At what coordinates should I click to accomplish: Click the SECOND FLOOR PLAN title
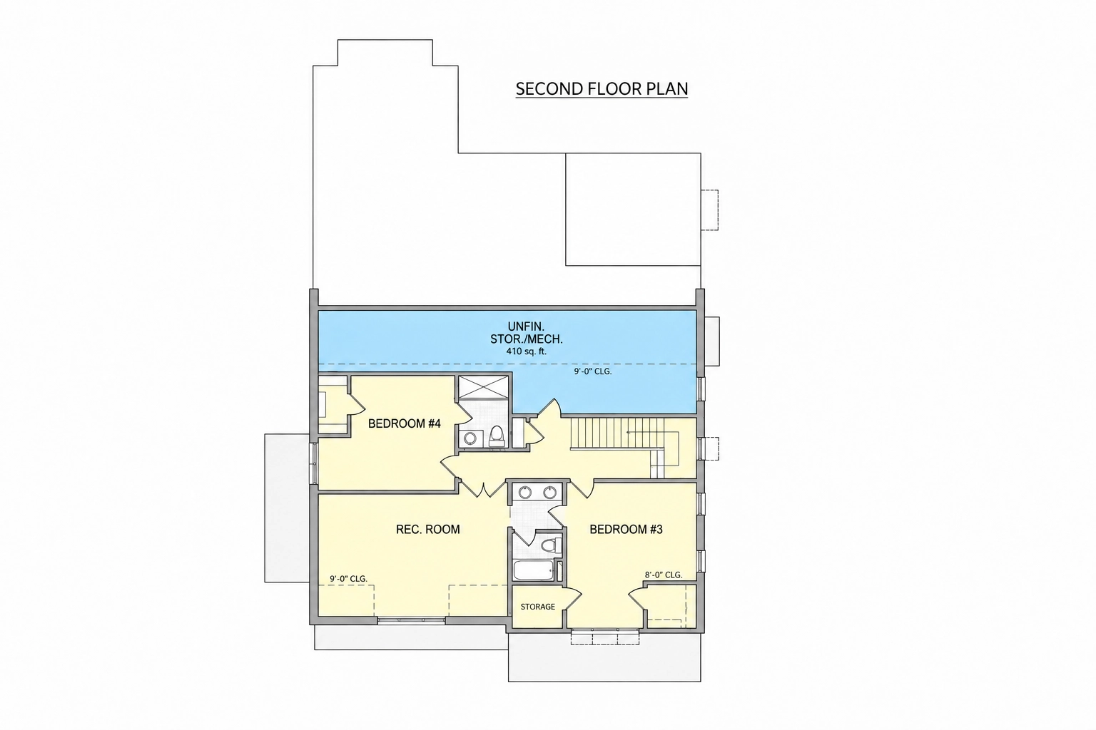602,89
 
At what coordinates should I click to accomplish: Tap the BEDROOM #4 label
404,423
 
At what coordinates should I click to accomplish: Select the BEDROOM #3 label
626,529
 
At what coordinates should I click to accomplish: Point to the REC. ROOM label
427,529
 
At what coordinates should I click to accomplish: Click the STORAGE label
538,607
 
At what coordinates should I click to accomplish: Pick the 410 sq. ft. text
527,351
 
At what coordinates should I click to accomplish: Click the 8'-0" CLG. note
664,575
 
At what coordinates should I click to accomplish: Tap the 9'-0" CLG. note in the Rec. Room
348,579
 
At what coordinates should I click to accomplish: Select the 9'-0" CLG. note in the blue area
593,371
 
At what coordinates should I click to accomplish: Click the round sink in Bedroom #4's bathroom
470,438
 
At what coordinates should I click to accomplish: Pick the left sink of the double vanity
525,492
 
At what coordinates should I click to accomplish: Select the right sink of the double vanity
550,492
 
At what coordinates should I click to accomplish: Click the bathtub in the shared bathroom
533,570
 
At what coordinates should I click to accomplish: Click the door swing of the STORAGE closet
572,600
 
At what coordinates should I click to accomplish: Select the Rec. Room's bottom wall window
412,620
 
